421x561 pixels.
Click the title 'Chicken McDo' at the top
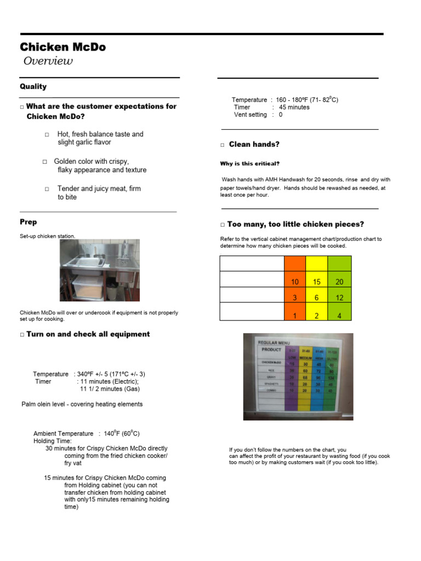(62, 47)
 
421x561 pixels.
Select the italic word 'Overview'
(48, 61)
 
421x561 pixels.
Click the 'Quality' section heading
(33, 87)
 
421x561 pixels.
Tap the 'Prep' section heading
(29, 222)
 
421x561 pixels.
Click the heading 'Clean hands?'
(254, 144)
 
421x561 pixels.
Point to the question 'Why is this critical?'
(249, 163)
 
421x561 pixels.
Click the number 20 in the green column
(339, 282)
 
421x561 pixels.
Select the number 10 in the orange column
(295, 282)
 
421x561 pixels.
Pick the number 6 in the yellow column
(317, 297)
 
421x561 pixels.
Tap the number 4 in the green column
(339, 316)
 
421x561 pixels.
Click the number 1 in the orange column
(295, 316)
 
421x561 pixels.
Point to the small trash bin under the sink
(111, 290)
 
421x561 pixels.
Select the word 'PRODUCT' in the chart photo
(271, 349)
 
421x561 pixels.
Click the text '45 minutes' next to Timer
(294, 107)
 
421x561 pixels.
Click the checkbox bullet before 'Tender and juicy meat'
(47, 189)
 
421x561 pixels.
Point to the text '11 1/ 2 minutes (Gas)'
(110, 389)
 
